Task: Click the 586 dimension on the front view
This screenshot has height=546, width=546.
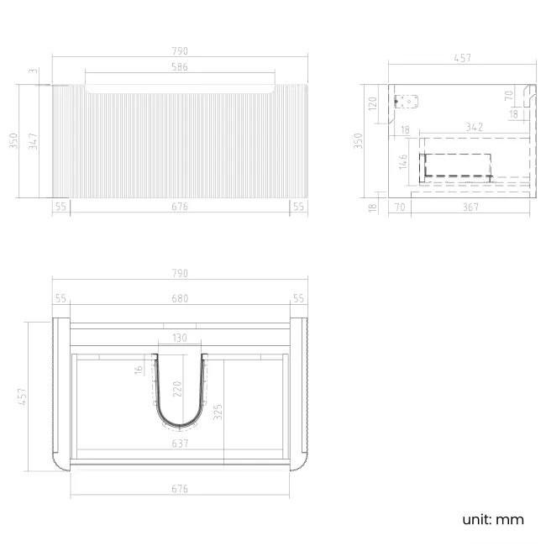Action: point(180,67)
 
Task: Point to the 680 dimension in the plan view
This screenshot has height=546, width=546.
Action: point(180,298)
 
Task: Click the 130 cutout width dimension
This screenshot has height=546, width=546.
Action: point(180,339)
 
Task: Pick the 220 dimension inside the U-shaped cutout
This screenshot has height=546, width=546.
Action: point(176,389)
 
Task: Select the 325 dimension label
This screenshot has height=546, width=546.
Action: point(218,412)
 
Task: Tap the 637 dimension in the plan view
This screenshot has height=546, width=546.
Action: point(180,443)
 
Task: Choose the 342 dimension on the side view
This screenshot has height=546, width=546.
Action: point(473,127)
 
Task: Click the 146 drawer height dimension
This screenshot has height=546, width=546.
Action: point(404,162)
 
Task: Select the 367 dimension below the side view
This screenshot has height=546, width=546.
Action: point(473,207)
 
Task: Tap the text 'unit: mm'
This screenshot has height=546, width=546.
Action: point(493,519)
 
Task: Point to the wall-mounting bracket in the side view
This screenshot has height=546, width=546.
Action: point(407,103)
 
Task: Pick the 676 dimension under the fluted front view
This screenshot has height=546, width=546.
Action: point(180,207)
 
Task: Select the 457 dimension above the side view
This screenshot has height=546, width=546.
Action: point(461,59)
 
